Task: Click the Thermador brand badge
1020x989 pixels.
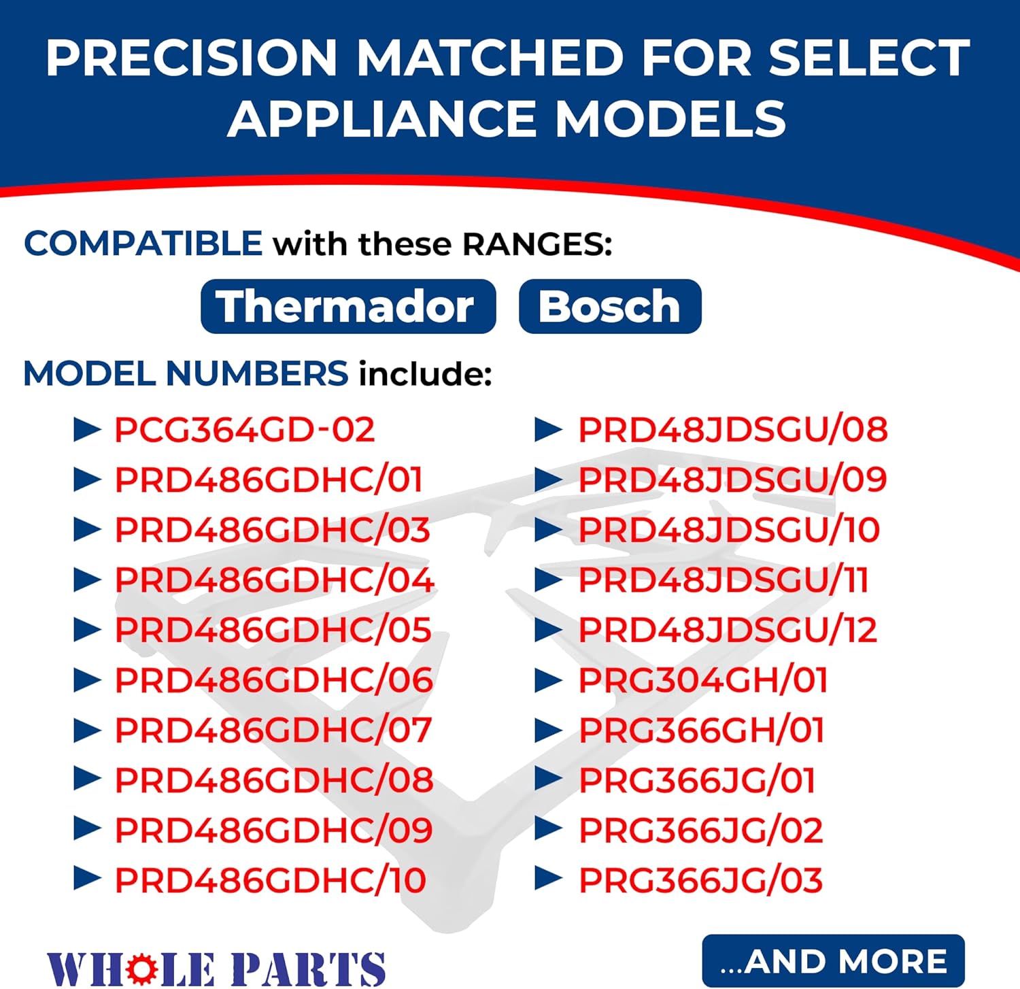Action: [347, 307]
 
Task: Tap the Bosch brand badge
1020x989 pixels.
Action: [609, 307]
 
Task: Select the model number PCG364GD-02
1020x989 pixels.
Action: [244, 430]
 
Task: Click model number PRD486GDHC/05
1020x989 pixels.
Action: [273, 630]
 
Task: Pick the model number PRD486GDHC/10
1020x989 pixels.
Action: [270, 880]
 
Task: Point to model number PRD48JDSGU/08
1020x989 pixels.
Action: [732, 430]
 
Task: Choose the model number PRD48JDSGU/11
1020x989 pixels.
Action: [723, 580]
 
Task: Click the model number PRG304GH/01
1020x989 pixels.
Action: [702, 680]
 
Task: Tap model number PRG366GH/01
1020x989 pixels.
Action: [701, 731]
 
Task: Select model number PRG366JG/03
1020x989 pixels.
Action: [700, 880]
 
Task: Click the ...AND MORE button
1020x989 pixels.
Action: [833, 961]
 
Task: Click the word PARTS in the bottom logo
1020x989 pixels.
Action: [307, 969]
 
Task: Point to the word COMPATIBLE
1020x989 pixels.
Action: [143, 244]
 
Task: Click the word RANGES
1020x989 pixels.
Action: [537, 244]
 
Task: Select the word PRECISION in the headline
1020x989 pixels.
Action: [191, 58]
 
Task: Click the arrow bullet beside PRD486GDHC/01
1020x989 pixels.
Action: [86, 480]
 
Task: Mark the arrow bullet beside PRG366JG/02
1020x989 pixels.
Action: [548, 830]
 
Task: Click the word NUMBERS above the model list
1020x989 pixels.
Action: [256, 374]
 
